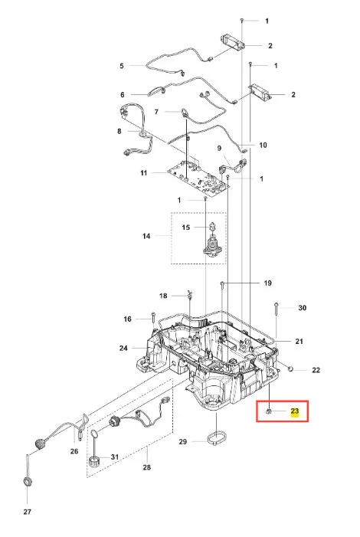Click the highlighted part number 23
[x=295, y=411]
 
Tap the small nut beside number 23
[x=269, y=411]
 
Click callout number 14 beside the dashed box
[x=146, y=236]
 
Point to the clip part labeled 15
[x=213, y=226]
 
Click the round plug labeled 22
[x=290, y=368]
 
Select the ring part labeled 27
[x=27, y=482]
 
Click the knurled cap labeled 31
[x=94, y=460]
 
